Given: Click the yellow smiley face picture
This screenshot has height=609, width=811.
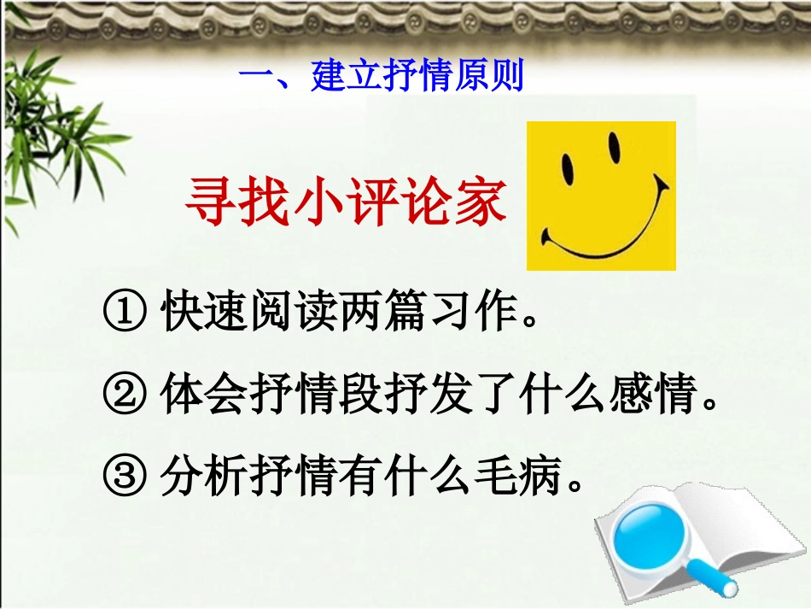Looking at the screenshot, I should click(601, 196).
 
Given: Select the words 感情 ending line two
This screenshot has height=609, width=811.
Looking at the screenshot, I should click(662, 396).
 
